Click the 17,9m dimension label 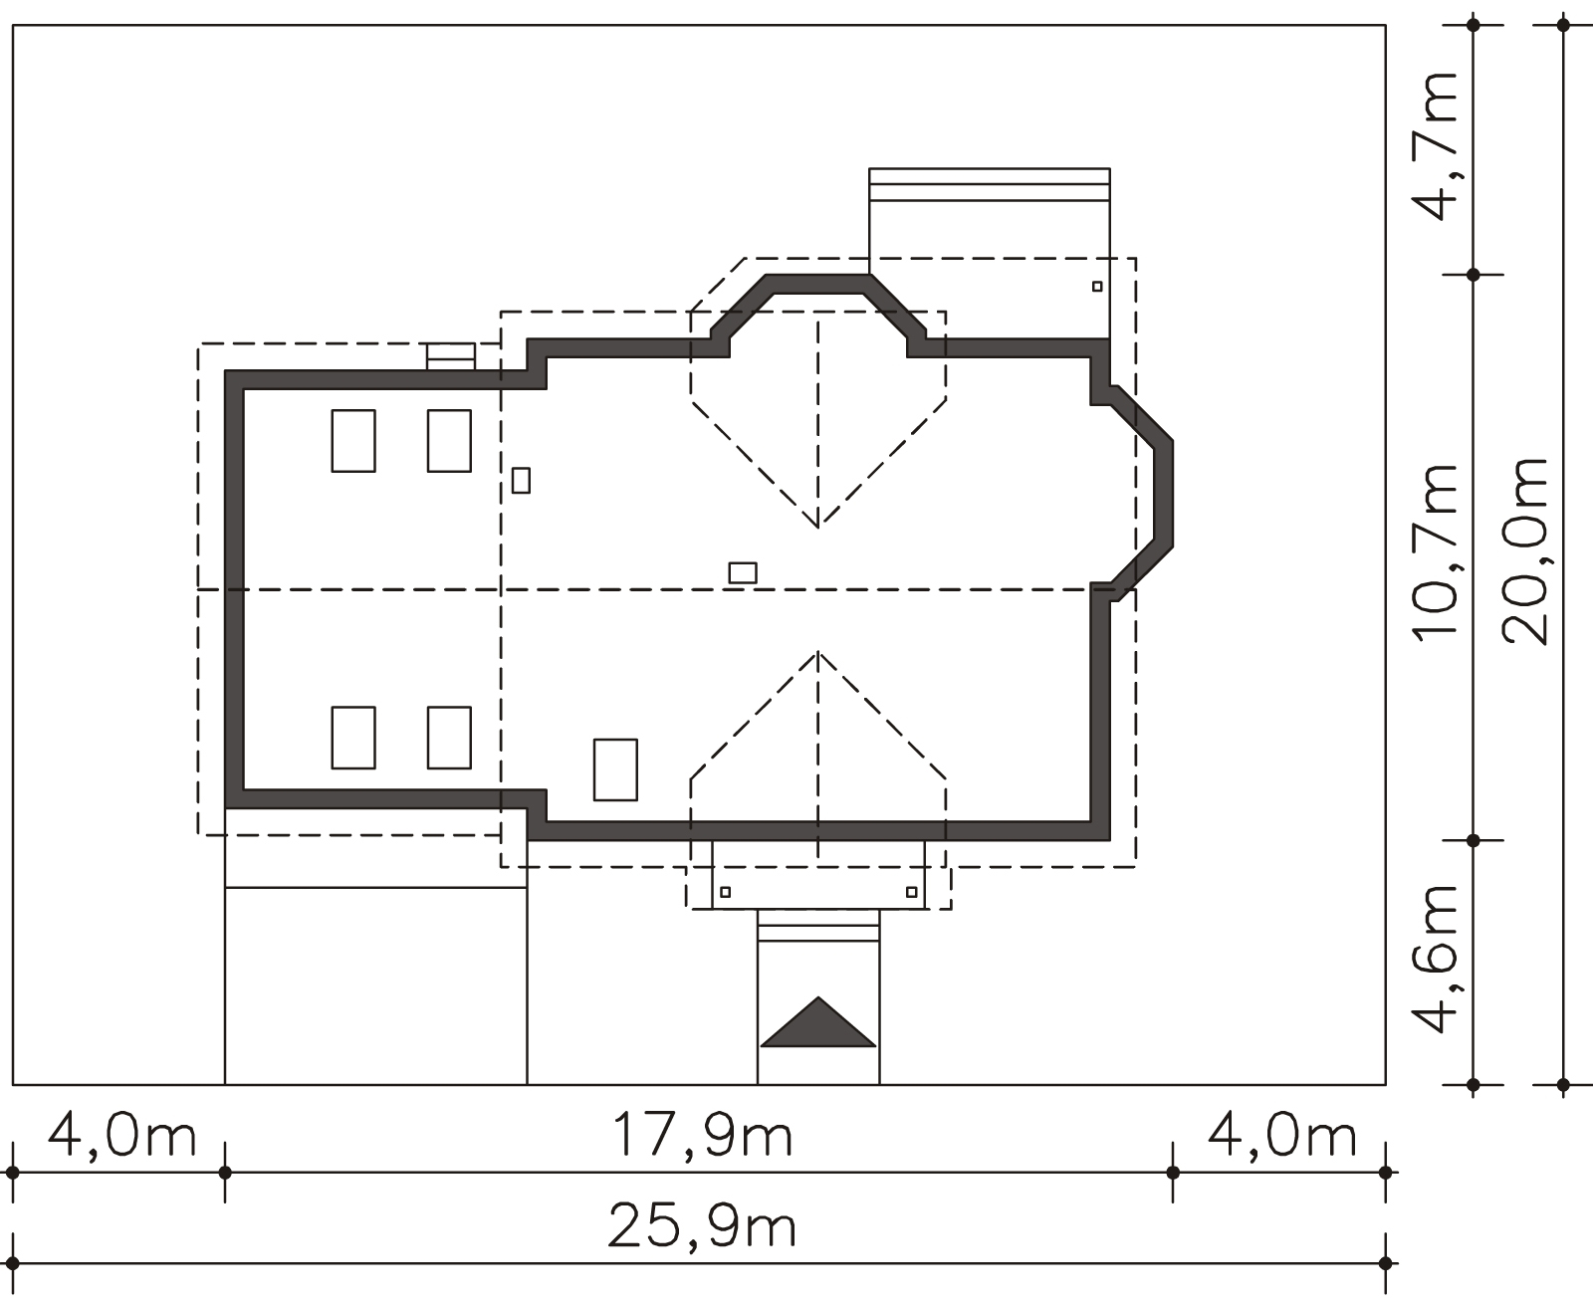pyautogui.click(x=702, y=1135)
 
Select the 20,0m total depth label pyautogui.click(x=1525, y=551)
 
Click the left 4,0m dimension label pyautogui.click(x=121, y=1135)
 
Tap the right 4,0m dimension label pyautogui.click(x=1281, y=1135)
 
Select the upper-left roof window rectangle pyautogui.click(x=353, y=441)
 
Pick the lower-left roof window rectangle pyautogui.click(x=353, y=738)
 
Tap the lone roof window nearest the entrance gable pyautogui.click(x=615, y=769)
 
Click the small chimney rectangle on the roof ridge pyautogui.click(x=743, y=572)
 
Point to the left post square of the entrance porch pyautogui.click(x=725, y=892)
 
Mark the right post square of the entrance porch pyautogui.click(x=912, y=892)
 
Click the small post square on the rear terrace pyautogui.click(x=1097, y=287)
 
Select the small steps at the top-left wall pyautogui.click(x=451, y=356)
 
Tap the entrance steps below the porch pyautogui.click(x=818, y=926)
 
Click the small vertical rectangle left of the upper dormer pyautogui.click(x=521, y=481)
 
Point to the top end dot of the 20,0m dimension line pyautogui.click(x=1563, y=25)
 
